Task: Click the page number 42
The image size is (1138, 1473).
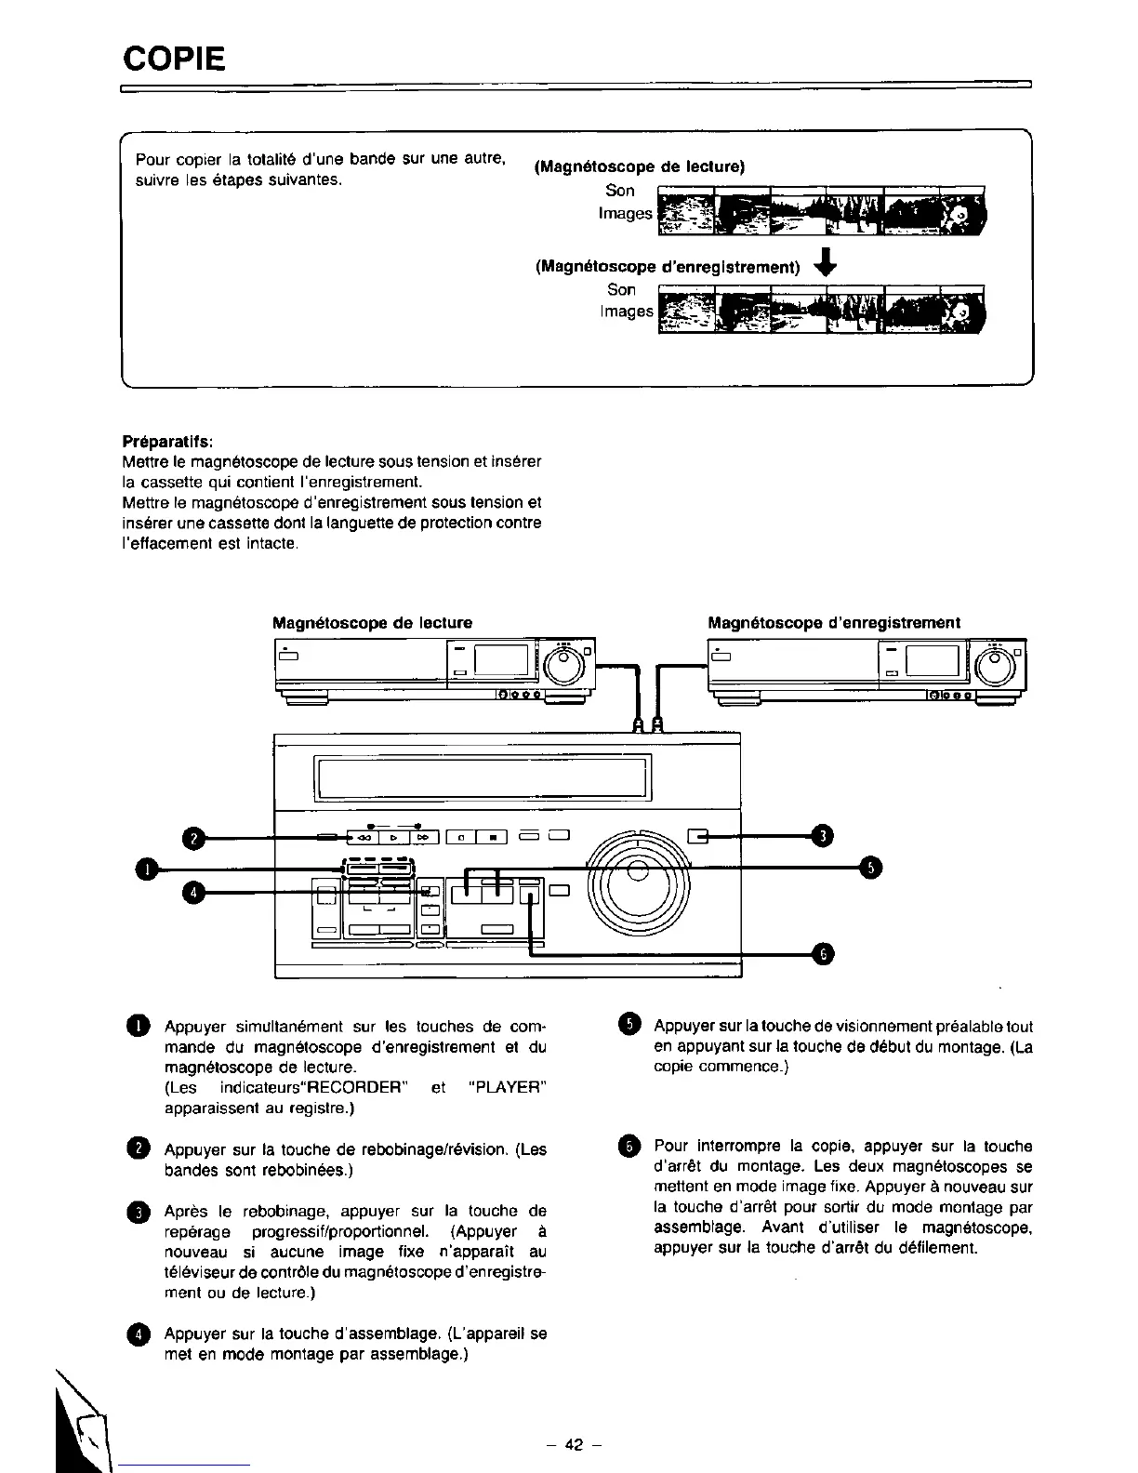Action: (574, 1444)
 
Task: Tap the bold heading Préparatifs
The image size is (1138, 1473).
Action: (167, 439)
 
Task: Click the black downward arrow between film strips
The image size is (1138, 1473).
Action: (826, 265)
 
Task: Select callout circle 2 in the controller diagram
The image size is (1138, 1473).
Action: (192, 839)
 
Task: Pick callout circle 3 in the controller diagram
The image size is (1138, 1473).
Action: (822, 836)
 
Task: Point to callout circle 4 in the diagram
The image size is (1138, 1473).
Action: (192, 892)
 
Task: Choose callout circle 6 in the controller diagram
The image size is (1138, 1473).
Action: (823, 953)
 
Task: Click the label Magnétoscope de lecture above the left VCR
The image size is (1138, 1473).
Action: (372, 622)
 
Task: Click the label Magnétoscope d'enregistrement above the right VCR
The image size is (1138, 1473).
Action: (834, 622)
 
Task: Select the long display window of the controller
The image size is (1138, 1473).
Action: (483, 778)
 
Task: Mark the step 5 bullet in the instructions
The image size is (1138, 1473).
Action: (629, 1025)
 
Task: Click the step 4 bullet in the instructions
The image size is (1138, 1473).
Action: (139, 1334)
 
